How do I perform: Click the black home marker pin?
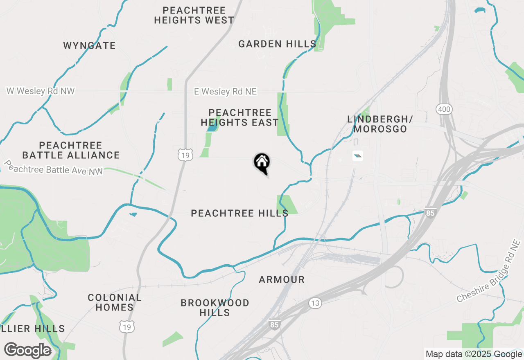point(262,162)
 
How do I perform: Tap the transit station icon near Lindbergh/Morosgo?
point(357,156)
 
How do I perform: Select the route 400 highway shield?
point(444,109)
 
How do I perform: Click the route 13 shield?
point(315,303)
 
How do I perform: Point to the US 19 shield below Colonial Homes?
point(126,326)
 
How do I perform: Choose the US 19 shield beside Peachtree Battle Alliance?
point(185,155)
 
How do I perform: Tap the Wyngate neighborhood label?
point(89,45)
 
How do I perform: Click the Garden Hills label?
point(277,44)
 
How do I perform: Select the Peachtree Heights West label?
point(194,15)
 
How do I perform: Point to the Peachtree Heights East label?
point(239,117)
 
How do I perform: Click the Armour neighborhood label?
point(282,280)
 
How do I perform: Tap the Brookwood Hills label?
point(215,308)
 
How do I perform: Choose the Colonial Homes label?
point(115,302)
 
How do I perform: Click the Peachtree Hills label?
point(239,213)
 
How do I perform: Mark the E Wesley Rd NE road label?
point(225,92)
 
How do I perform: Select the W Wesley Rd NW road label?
point(41,91)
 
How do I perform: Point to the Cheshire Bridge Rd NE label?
point(489,272)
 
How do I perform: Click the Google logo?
point(27,350)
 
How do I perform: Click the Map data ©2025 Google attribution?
point(474,354)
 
